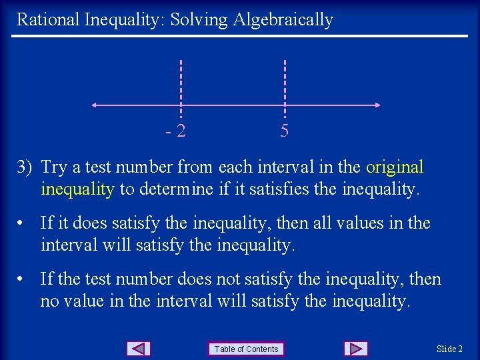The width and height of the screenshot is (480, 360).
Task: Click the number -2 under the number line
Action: (176, 131)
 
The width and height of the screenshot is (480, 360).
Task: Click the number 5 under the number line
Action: (285, 131)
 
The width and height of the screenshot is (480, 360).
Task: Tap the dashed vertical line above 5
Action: (285, 80)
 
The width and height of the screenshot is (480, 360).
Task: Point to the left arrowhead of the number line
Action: (95, 105)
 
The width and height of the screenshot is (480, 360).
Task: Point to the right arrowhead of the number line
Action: (377, 105)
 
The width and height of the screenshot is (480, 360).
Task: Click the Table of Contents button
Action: (247, 349)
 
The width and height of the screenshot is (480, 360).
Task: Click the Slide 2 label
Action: (450, 349)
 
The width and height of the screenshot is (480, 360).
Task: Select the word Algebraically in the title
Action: (283, 20)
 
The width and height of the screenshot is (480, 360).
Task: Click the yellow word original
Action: (395, 167)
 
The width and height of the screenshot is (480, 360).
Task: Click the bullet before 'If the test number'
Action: (23, 279)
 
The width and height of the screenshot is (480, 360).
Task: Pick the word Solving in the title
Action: (199, 20)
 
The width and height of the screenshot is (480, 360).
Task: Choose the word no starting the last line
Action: (49, 301)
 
